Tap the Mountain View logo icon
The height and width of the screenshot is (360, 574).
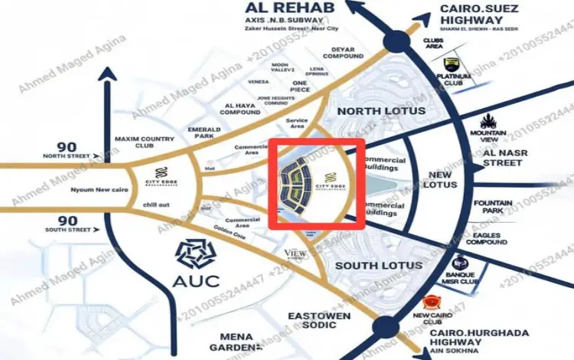[489, 122]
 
